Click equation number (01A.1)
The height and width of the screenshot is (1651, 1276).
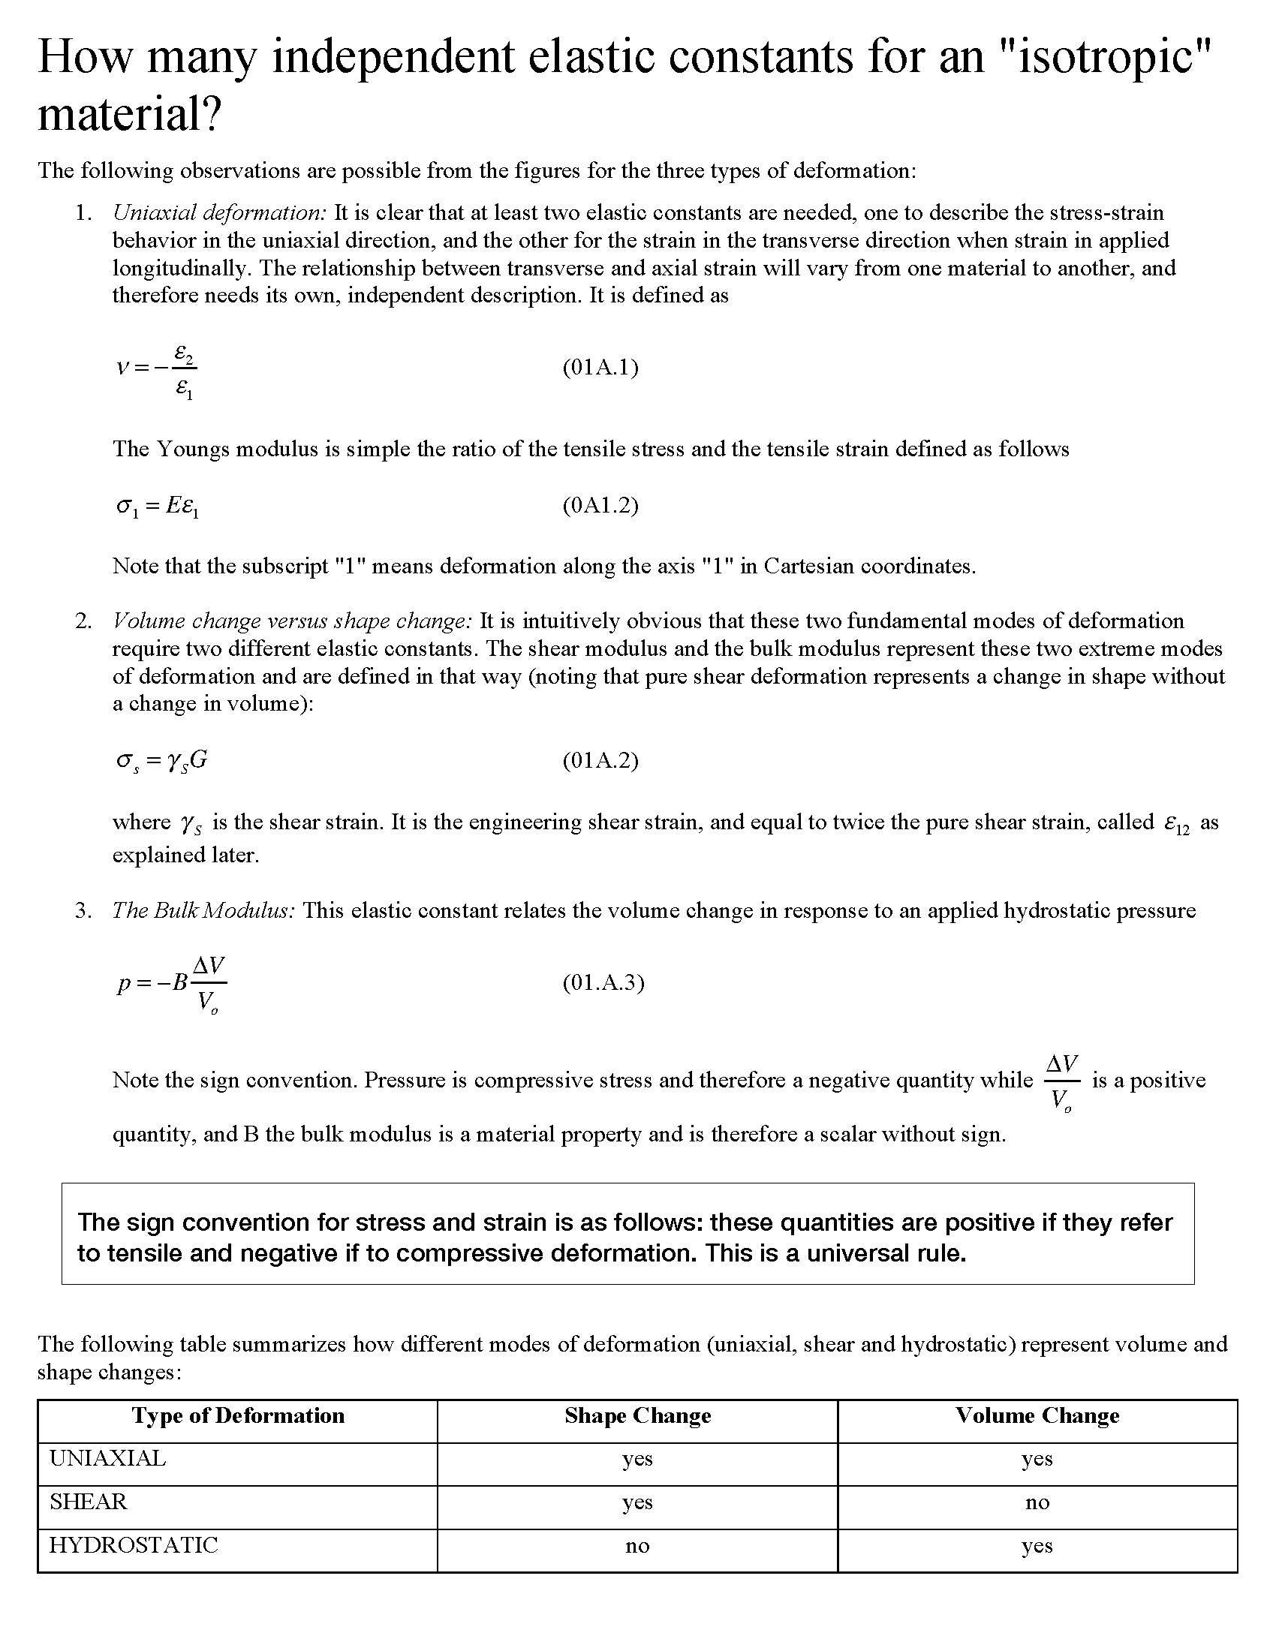pyautogui.click(x=600, y=368)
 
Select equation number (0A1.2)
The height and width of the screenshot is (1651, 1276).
pyautogui.click(x=600, y=505)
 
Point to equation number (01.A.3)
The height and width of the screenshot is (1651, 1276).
pyautogui.click(x=603, y=982)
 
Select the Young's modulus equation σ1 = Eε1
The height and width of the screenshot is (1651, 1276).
pyautogui.click(x=157, y=507)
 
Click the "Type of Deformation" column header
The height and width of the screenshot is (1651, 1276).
pyautogui.click(x=238, y=1416)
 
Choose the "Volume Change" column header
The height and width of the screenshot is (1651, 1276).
pyautogui.click(x=1037, y=1416)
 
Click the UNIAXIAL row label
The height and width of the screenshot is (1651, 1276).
pyautogui.click(x=107, y=1459)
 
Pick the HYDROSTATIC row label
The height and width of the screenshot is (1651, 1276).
pyautogui.click(x=134, y=1545)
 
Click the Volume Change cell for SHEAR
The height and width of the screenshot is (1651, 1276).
pyautogui.click(x=1037, y=1503)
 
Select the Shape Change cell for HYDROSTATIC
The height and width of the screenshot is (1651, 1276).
pyautogui.click(x=637, y=1547)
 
